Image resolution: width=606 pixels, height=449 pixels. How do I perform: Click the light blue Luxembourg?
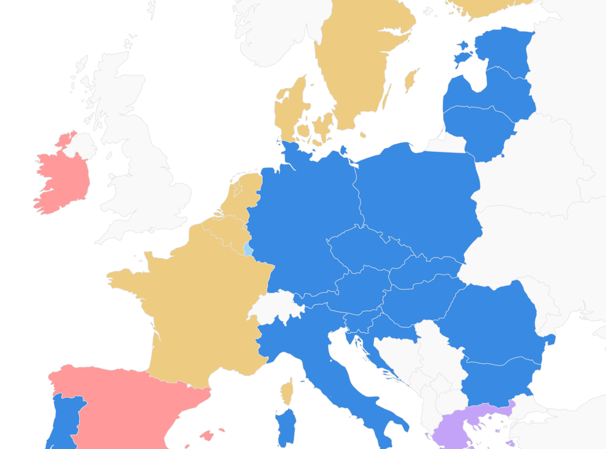point(247,249)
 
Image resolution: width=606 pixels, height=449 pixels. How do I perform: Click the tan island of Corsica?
point(288,391)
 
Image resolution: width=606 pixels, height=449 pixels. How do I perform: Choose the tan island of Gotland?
point(411,80)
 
